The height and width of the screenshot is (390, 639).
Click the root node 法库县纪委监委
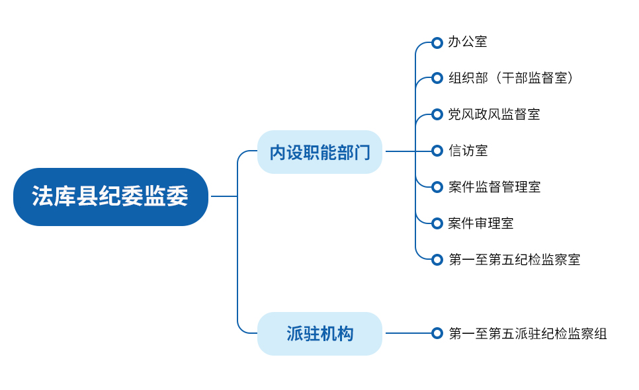[111, 196]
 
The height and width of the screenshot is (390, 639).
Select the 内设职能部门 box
[320, 152]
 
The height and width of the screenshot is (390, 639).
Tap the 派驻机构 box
[320, 333]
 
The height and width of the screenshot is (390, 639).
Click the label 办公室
[468, 42]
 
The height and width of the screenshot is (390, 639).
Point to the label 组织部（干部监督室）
[511, 78]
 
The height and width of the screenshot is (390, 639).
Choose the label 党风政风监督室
[494, 114]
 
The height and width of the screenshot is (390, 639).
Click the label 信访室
[468, 151]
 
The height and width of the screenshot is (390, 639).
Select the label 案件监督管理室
[494, 187]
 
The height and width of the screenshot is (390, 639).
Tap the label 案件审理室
[481, 223]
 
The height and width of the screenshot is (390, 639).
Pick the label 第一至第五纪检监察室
[514, 260]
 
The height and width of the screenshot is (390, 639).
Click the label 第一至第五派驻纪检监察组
[528, 333]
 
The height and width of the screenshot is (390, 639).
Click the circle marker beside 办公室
[437, 42]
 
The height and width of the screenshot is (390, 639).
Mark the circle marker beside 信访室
[437, 151]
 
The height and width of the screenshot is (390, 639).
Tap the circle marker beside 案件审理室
[437, 223]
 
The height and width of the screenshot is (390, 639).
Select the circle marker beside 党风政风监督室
[437, 114]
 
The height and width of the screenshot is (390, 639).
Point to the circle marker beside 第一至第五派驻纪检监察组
[437, 333]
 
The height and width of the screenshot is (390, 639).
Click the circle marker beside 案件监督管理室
[437, 187]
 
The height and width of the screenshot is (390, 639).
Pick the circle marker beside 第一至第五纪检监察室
[437, 260]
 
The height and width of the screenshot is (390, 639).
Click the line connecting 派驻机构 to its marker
[408, 333]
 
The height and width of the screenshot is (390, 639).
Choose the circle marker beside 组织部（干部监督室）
[437, 78]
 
